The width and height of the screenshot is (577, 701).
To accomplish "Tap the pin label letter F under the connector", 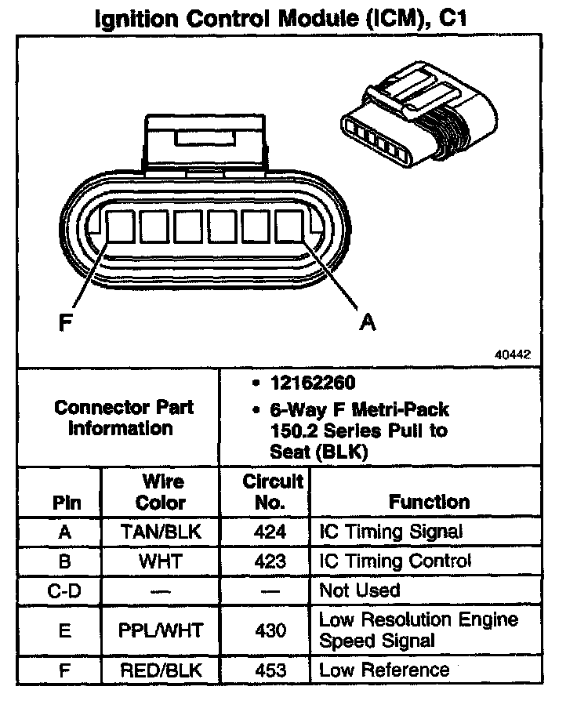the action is (x=69, y=322).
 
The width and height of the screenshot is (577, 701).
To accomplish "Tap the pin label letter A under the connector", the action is (x=366, y=321).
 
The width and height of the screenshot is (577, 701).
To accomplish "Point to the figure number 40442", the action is (x=512, y=354).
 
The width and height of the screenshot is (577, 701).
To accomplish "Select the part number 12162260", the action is (x=307, y=383).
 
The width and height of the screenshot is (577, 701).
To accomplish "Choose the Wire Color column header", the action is (x=161, y=491).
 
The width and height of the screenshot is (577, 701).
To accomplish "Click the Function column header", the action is (x=429, y=501).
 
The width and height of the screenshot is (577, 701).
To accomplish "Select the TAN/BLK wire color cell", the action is (x=161, y=532).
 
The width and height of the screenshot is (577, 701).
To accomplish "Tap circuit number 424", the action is (x=270, y=532).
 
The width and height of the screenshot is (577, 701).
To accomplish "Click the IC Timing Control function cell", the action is (x=395, y=561).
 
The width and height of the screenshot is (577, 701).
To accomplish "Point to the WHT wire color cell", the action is (x=161, y=561).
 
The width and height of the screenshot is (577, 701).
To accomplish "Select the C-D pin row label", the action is (x=65, y=590).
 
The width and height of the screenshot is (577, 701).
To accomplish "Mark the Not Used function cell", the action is (x=359, y=590).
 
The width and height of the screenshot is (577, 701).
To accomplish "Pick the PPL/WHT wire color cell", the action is (x=161, y=630).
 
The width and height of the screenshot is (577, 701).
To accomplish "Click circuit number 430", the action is (x=270, y=630).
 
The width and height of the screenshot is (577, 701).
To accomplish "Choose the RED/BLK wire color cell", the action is (x=161, y=670).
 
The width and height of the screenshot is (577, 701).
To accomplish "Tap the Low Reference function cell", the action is (x=384, y=670).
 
